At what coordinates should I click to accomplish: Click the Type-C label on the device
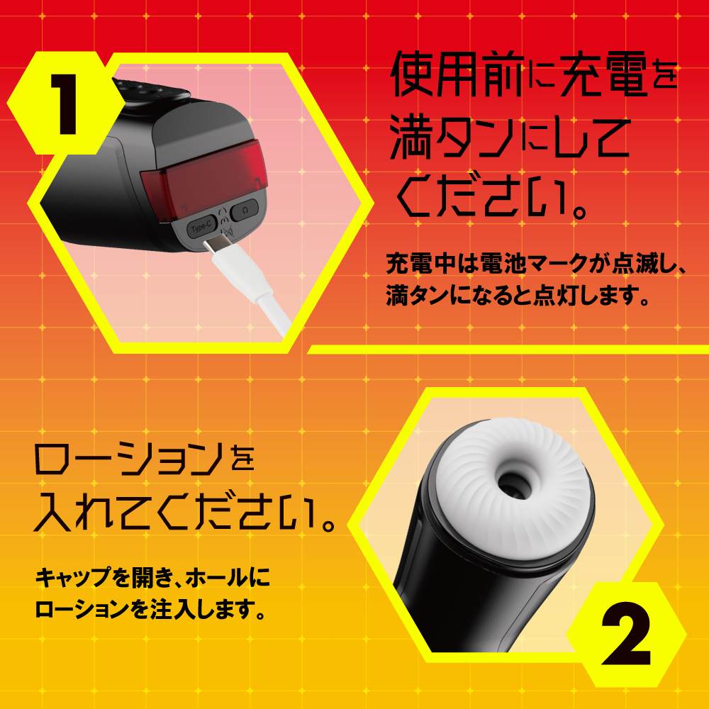(201, 228)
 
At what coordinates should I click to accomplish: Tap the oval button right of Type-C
(245, 211)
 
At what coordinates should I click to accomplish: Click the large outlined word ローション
(128, 459)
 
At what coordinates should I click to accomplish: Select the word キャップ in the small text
(73, 578)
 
